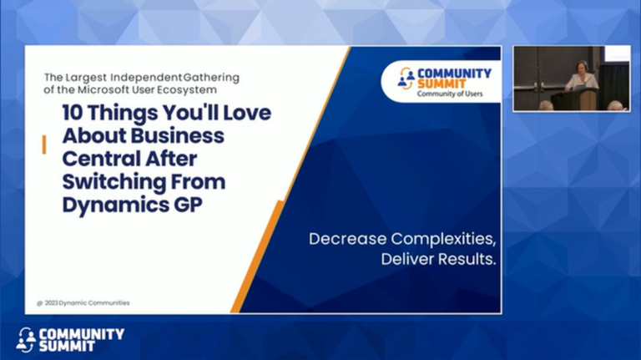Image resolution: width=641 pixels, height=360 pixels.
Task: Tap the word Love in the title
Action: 240,114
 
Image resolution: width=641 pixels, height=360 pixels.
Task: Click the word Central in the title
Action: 99,160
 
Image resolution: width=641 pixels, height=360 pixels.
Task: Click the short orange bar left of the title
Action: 43,145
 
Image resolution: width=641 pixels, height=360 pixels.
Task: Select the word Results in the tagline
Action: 469,260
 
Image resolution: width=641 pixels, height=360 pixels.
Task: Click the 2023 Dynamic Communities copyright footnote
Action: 83,302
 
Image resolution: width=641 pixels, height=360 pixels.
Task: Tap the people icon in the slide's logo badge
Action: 406,79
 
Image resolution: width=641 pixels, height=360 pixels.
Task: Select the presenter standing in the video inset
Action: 581,79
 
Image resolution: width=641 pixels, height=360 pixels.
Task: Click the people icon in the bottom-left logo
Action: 26,339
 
